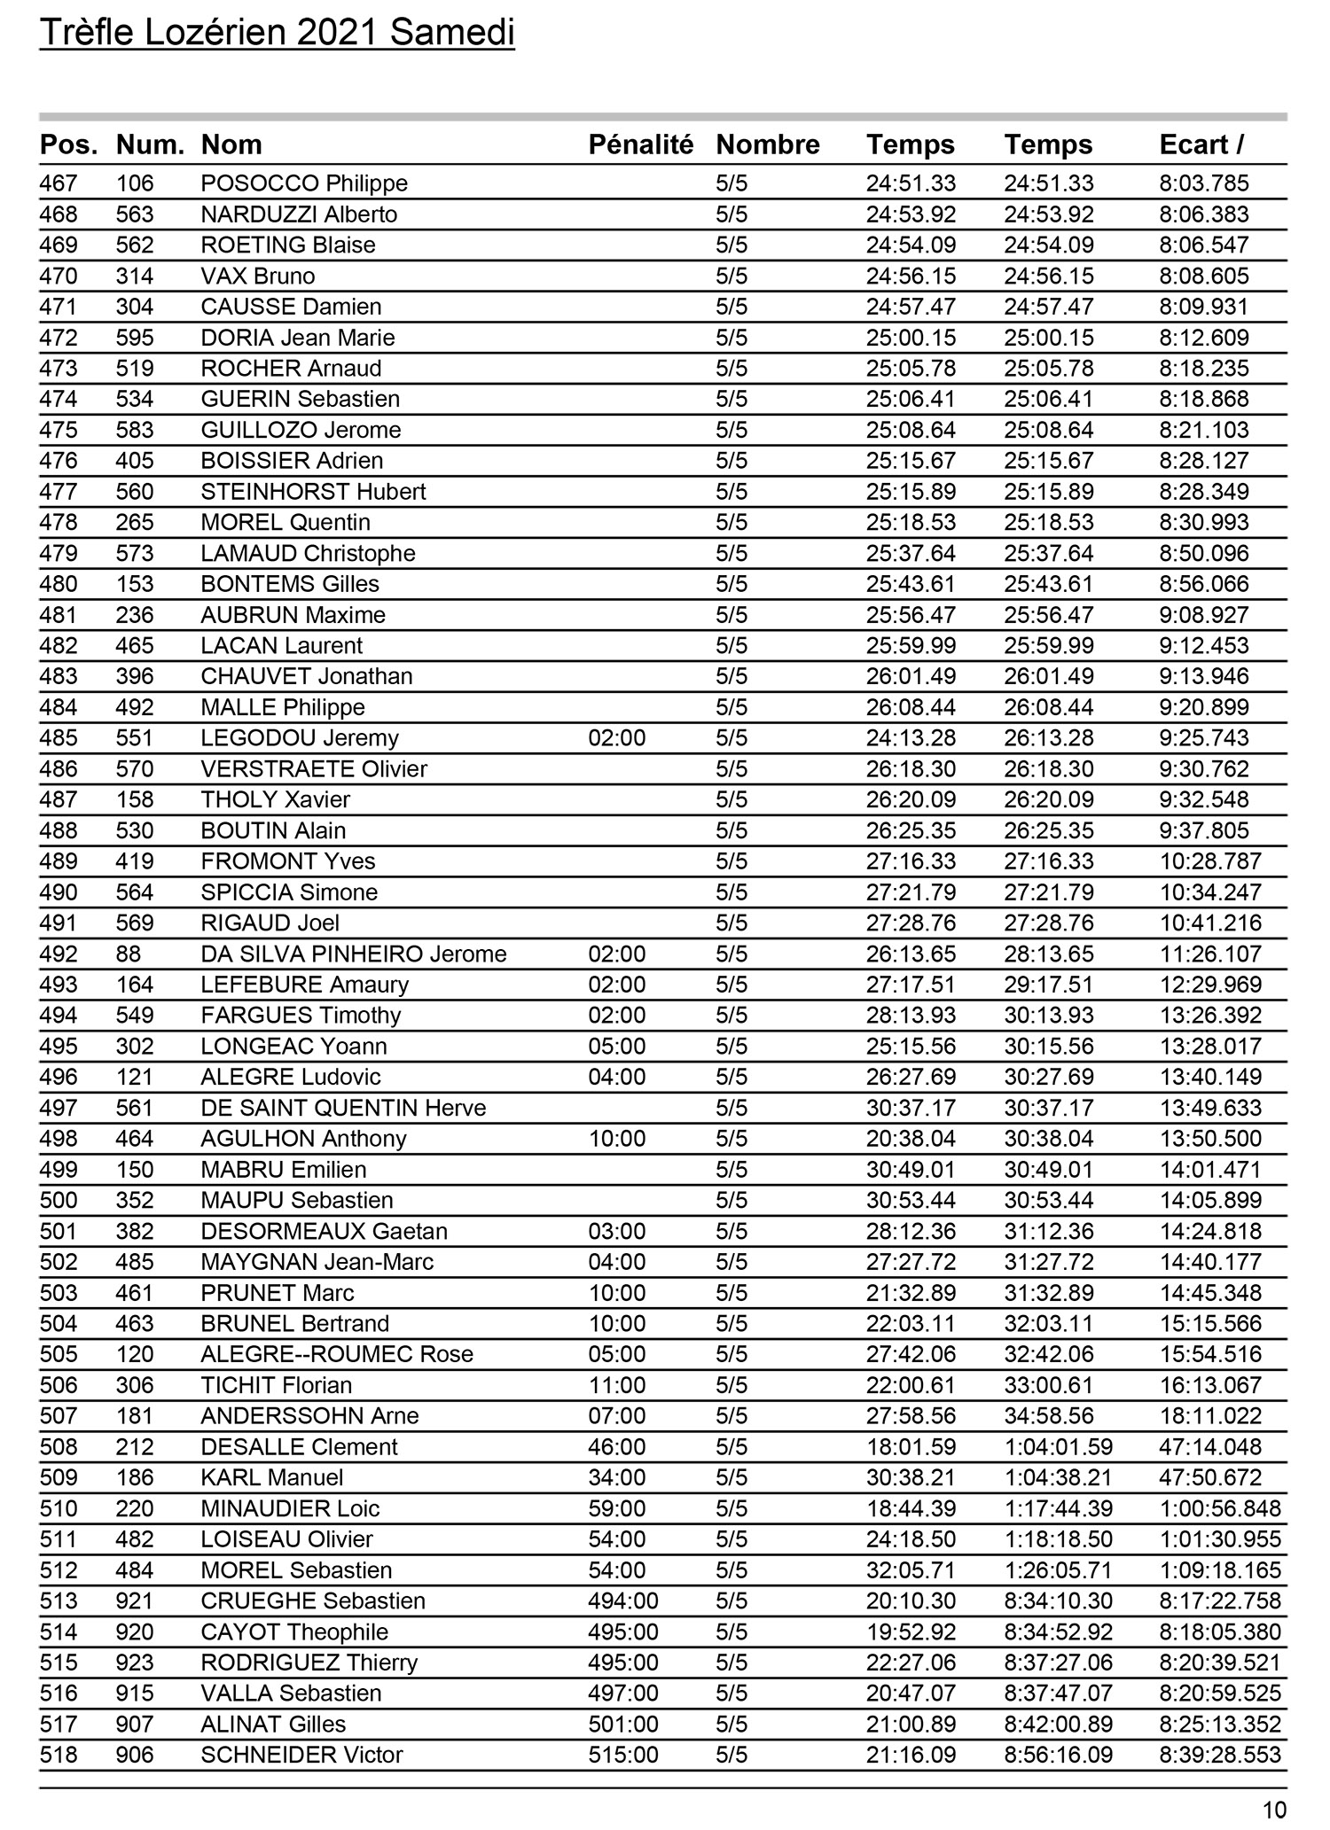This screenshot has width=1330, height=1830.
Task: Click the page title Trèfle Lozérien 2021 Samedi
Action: [x=277, y=34]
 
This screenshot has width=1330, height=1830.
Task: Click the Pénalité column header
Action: [x=640, y=144]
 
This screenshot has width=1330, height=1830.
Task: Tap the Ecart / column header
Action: [x=1201, y=144]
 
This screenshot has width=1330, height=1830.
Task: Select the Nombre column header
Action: [x=768, y=144]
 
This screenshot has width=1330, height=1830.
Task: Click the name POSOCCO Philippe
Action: [x=304, y=183]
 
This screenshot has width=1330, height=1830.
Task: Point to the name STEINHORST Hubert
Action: [x=313, y=492]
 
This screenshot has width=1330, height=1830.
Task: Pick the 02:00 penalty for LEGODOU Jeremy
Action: [x=617, y=738]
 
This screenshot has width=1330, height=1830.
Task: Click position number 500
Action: [x=59, y=1201]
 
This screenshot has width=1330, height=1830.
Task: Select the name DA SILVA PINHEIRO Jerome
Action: [x=354, y=954]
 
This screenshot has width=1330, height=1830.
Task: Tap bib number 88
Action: [x=129, y=954]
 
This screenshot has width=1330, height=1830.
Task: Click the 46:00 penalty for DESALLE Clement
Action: [x=617, y=1447]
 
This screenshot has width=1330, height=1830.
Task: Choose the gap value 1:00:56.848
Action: [x=1220, y=1508]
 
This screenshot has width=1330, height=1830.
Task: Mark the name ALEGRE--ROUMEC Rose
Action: [x=337, y=1354]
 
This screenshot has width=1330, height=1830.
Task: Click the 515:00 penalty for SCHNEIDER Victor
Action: [x=623, y=1755]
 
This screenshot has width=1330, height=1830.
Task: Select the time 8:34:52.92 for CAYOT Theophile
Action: [x=1058, y=1631]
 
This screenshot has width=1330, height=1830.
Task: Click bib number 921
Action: [x=135, y=1601]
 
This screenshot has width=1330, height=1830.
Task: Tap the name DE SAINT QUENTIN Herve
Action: [x=343, y=1108]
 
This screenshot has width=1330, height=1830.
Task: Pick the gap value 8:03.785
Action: [x=1203, y=183]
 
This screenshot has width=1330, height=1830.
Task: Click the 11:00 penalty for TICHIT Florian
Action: [x=617, y=1385]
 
